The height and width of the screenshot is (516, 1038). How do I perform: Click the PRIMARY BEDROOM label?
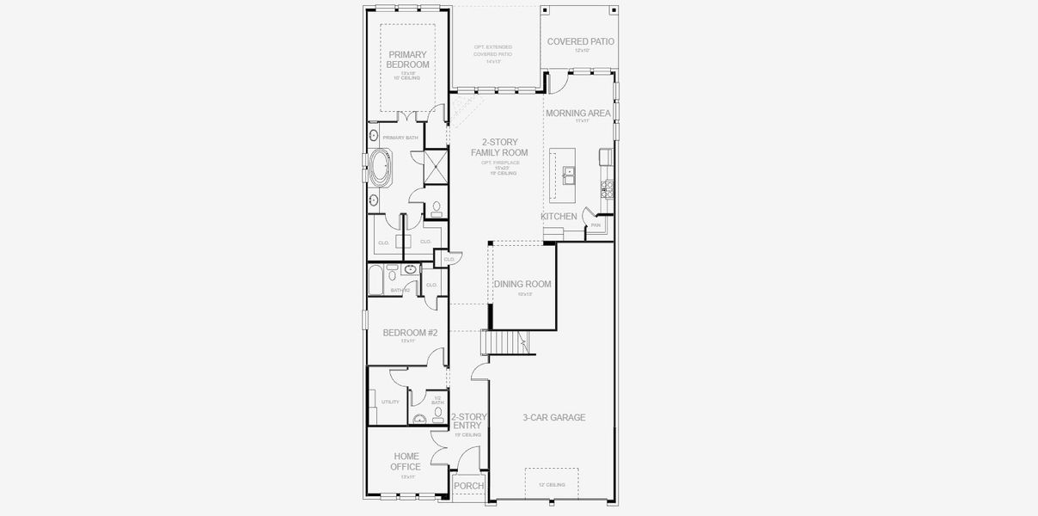407,59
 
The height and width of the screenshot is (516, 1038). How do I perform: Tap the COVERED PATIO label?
581,41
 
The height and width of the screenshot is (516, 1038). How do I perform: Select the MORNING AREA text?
578,113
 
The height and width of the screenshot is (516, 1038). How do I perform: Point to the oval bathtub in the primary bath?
379,169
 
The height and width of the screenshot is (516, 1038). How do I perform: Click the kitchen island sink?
569,175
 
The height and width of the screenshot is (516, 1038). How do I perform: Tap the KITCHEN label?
559,216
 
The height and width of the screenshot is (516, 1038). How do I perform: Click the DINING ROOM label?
522,284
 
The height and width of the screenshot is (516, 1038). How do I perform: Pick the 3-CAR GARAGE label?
554,418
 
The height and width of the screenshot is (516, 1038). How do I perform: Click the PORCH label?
468,486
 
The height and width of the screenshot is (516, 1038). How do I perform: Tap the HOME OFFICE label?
406,462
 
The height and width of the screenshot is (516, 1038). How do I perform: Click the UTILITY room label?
389,402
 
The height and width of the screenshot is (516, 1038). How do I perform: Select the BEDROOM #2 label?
410,333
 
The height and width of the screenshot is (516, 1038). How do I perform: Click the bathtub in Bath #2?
376,279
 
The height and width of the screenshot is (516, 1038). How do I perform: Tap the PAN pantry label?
595,224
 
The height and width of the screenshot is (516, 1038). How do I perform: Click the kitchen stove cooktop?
607,184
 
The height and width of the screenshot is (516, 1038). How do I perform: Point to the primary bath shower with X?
436,166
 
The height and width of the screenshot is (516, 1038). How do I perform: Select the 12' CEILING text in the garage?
552,485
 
